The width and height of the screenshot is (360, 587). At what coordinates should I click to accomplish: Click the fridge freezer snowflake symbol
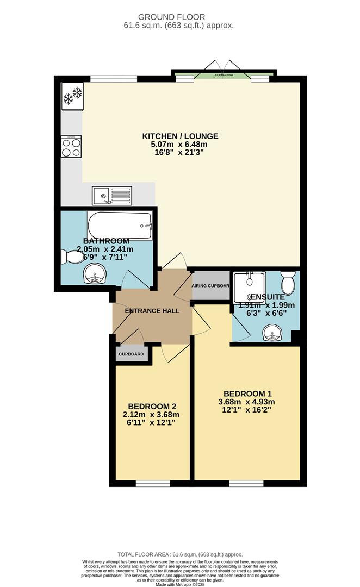[x=72, y=96]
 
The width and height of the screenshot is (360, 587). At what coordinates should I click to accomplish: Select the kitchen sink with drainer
[x=112, y=195]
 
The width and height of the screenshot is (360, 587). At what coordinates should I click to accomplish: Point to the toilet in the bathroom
[x=71, y=256]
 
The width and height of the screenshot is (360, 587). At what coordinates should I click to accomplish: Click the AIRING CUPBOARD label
[x=210, y=285]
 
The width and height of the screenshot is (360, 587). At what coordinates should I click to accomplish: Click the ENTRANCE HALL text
[x=152, y=311]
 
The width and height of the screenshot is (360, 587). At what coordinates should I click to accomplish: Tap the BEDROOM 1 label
[x=247, y=394]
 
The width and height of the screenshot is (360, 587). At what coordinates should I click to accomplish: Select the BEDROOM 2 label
[x=152, y=406]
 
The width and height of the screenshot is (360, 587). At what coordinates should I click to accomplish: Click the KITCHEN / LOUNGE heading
[x=180, y=136]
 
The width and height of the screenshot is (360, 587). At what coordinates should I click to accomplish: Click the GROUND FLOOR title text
[x=179, y=17]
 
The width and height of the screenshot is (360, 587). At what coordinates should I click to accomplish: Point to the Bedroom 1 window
[x=246, y=483]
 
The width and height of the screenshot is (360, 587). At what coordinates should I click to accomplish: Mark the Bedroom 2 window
[x=152, y=483]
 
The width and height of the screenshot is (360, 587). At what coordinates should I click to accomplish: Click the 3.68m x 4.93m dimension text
[x=247, y=402]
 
